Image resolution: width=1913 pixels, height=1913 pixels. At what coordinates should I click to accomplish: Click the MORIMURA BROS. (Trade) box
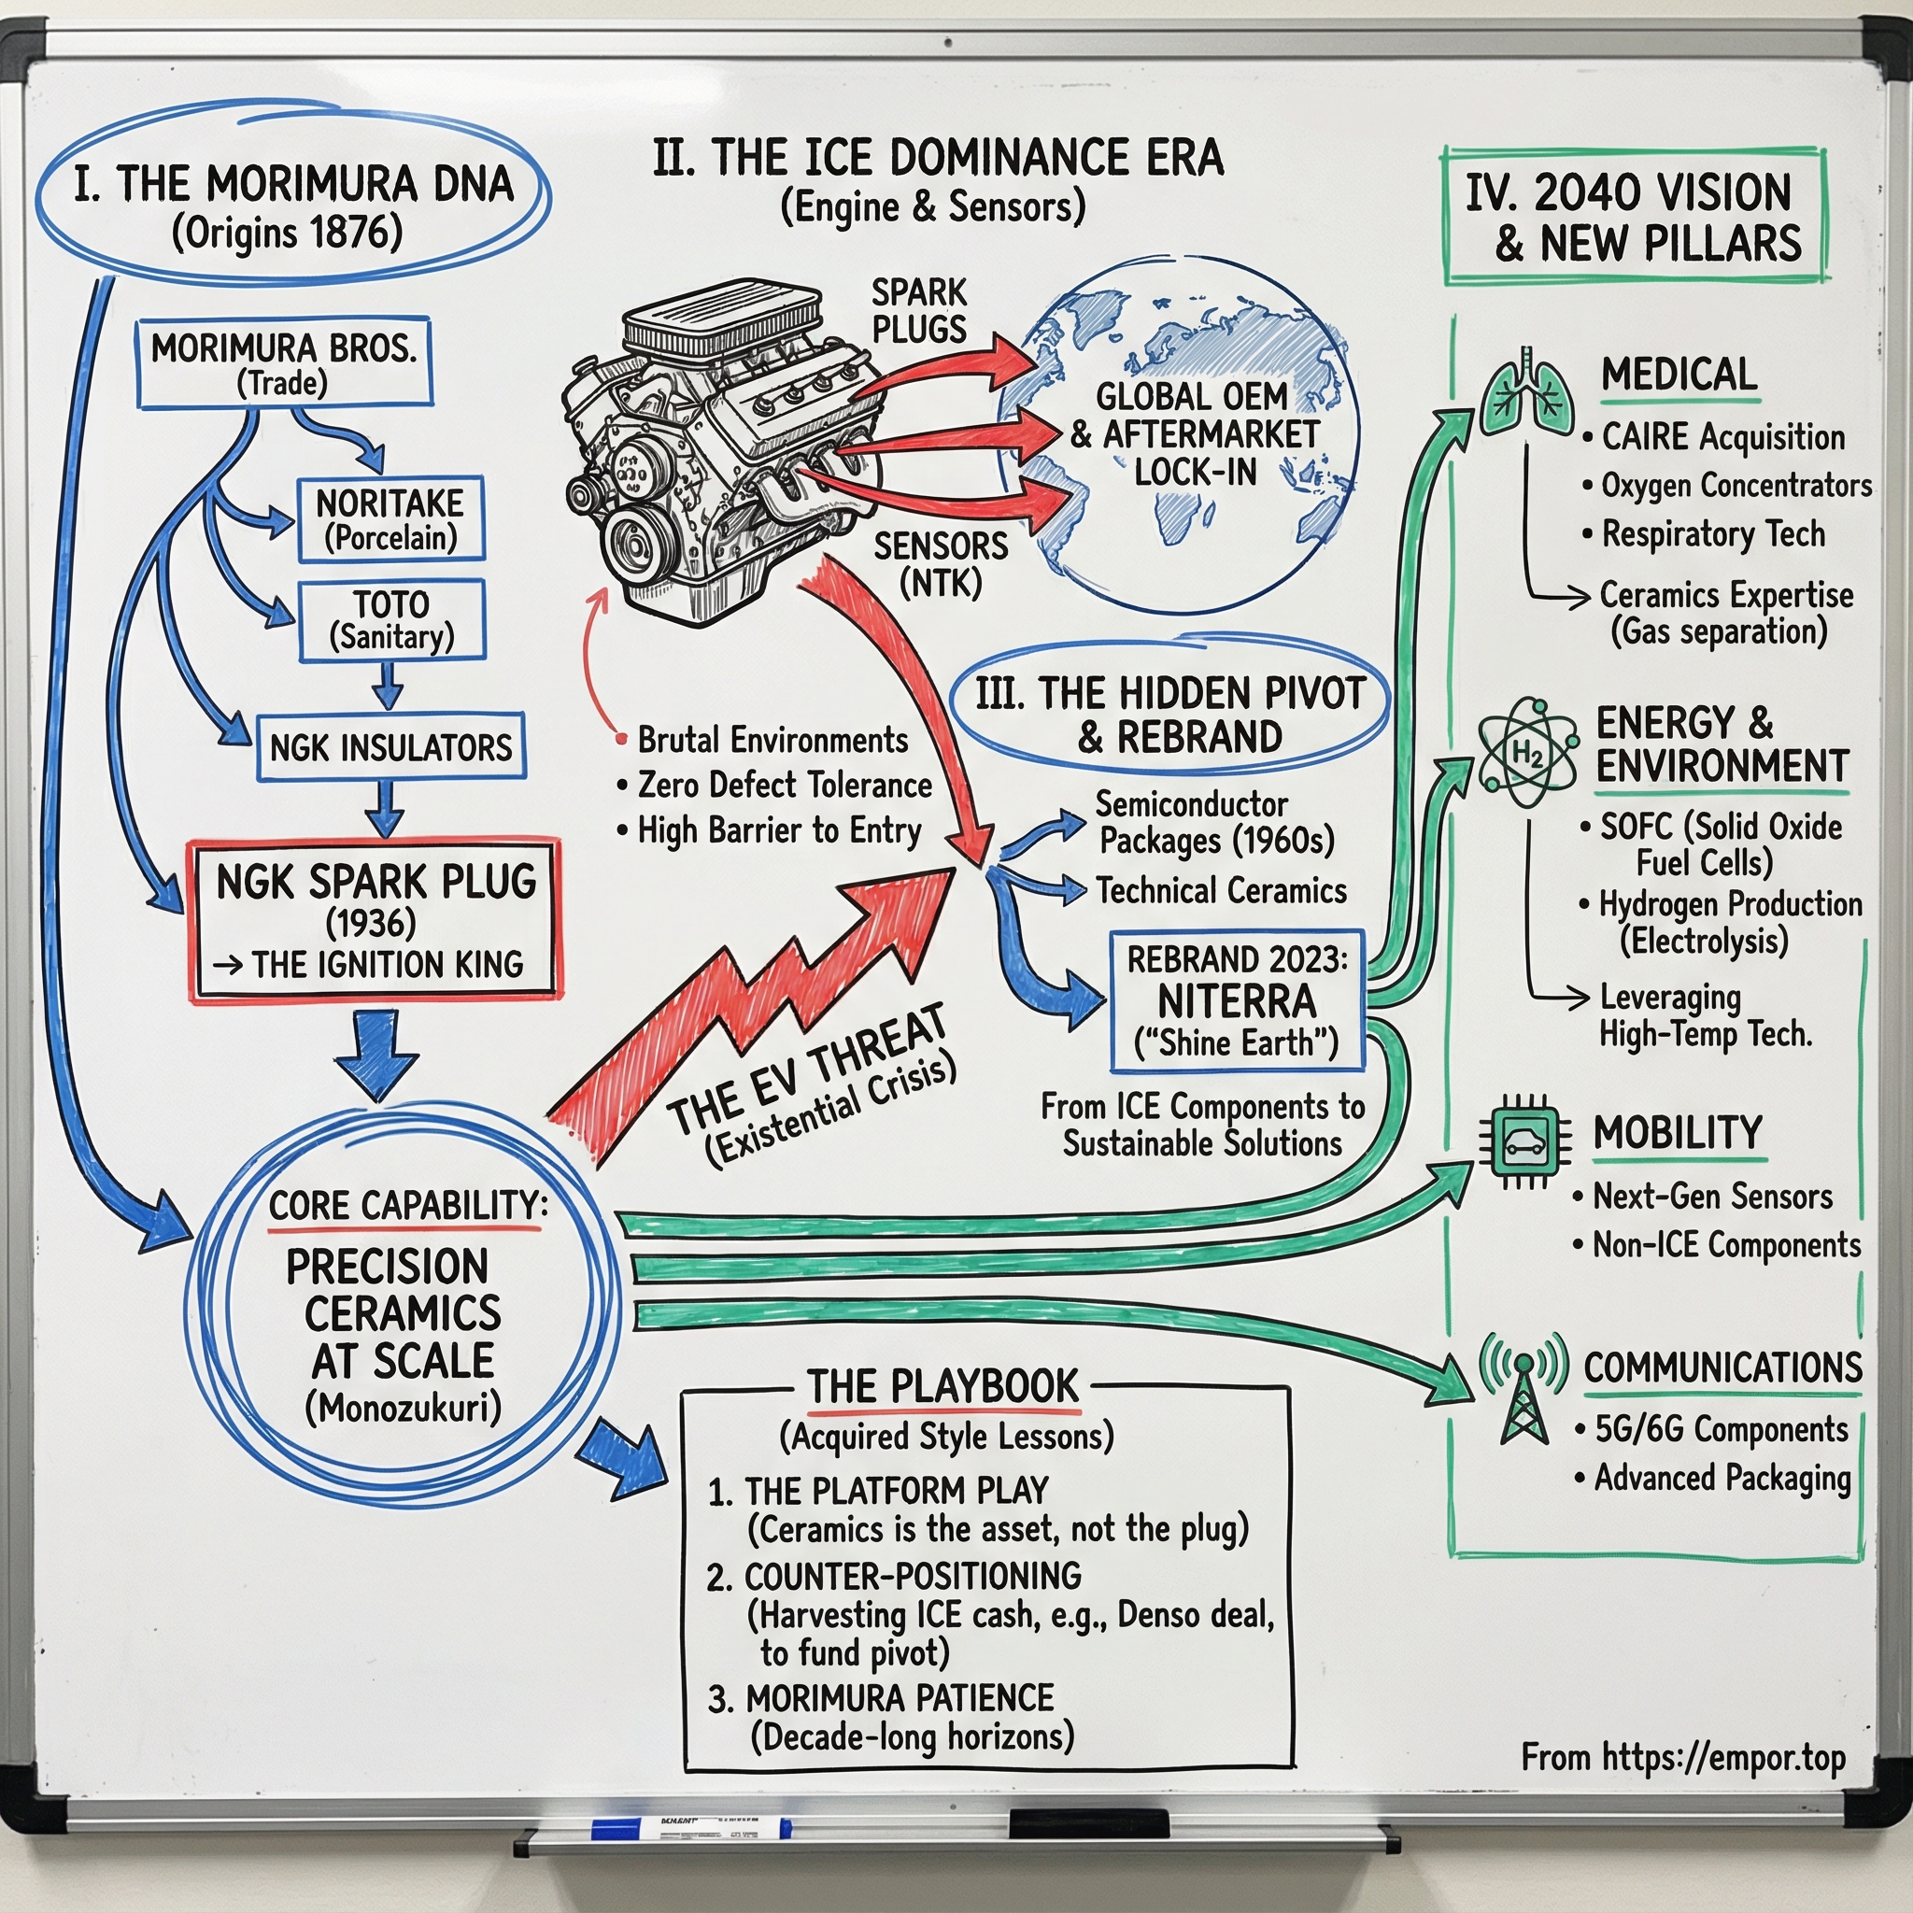point(284,363)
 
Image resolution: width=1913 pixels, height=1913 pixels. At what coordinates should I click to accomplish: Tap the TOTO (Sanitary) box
point(392,620)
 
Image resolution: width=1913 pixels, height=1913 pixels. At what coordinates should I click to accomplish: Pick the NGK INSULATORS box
point(391,747)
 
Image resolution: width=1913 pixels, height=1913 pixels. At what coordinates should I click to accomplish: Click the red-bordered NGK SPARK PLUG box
point(376,921)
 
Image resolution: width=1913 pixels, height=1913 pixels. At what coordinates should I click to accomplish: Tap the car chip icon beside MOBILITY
point(1524,1141)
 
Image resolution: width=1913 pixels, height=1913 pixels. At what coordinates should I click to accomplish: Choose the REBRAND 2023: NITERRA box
point(1237,1001)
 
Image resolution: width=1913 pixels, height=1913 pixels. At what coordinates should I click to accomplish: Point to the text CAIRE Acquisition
point(1722,436)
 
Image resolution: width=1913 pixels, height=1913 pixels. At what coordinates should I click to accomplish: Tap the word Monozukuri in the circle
point(403,1406)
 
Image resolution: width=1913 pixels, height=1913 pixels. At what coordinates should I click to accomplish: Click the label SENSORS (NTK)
point(940,563)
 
